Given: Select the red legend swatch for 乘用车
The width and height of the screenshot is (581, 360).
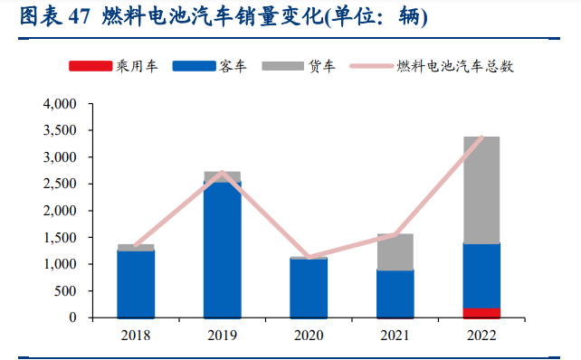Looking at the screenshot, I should (90, 67).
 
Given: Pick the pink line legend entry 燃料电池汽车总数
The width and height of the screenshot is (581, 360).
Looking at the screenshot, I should (370, 67).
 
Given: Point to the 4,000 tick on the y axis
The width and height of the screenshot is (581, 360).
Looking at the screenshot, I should (61, 104).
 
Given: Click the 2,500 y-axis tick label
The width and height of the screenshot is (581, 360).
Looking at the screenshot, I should (61, 184).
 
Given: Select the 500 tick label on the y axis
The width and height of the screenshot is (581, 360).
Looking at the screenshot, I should (68, 291).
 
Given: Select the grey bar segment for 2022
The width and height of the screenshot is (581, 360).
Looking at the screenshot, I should (481, 190).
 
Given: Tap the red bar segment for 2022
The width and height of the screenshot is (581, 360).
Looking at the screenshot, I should (481, 313).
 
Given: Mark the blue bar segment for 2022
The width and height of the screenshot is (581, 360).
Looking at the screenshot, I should (481, 276).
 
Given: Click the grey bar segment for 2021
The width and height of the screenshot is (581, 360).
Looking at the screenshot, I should (395, 251).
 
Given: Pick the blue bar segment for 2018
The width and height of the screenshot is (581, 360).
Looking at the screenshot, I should (136, 283).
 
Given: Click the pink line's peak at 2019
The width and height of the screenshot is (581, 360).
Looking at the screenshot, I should (223, 173).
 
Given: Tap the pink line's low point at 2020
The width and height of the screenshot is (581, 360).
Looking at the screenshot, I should (309, 257).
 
